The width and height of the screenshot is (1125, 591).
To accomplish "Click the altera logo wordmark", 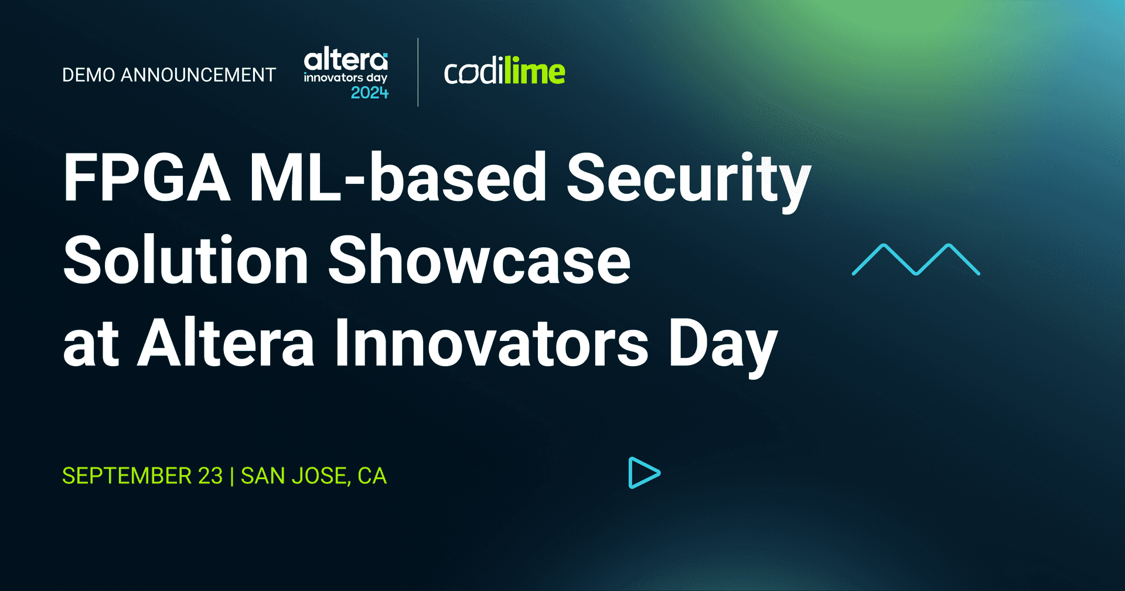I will [x=346, y=60].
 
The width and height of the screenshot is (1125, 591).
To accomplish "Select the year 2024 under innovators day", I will [x=369, y=93].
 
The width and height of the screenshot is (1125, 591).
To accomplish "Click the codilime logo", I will [x=504, y=73].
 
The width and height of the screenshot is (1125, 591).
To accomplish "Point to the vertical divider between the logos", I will [x=418, y=72].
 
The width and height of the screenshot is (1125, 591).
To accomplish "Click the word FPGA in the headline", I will [x=146, y=177].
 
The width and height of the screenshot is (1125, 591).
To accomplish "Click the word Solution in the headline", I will [x=186, y=261].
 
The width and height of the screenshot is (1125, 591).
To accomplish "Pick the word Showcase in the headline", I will [x=479, y=261].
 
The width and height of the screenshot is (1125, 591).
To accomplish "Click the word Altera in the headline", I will [x=226, y=344].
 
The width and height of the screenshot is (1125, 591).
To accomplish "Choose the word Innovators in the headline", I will [x=491, y=344].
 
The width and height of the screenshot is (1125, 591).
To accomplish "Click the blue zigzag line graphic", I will [x=915, y=259].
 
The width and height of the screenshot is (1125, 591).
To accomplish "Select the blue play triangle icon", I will [x=643, y=473].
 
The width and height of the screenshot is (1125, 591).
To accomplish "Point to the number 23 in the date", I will [x=210, y=476].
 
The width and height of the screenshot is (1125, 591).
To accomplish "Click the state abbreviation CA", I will [x=372, y=476].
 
